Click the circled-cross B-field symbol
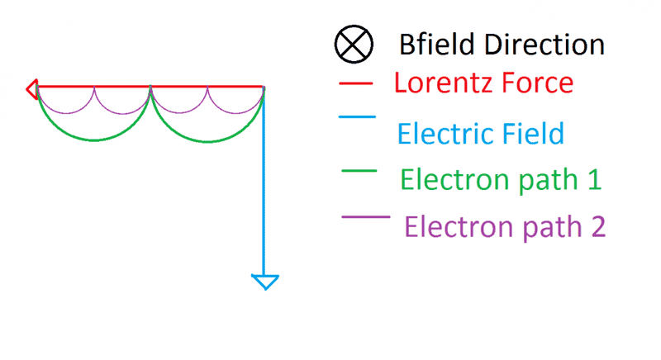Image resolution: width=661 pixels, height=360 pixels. coord(354,45)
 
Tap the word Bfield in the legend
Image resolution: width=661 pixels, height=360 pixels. coord(437,45)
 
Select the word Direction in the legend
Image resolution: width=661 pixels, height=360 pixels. coord(544,45)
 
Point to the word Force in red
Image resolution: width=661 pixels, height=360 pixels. coord(532,82)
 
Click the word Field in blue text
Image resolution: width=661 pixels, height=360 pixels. coord(532,134)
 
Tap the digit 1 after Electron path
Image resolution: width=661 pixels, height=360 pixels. coord(594,179)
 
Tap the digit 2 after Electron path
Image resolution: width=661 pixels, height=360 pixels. coord(597,226)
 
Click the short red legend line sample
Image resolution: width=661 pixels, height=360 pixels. coord(356,83)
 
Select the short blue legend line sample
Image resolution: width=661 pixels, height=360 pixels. coord(357,116)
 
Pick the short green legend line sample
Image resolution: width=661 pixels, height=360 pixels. coord(359,171)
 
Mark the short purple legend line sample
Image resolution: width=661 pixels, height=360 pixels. coord(366,217)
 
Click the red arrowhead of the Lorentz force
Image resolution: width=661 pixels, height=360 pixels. coord(32,89)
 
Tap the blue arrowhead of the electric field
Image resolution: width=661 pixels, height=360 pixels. coord(265,282)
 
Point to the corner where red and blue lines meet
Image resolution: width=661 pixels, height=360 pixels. coord(264,87)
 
